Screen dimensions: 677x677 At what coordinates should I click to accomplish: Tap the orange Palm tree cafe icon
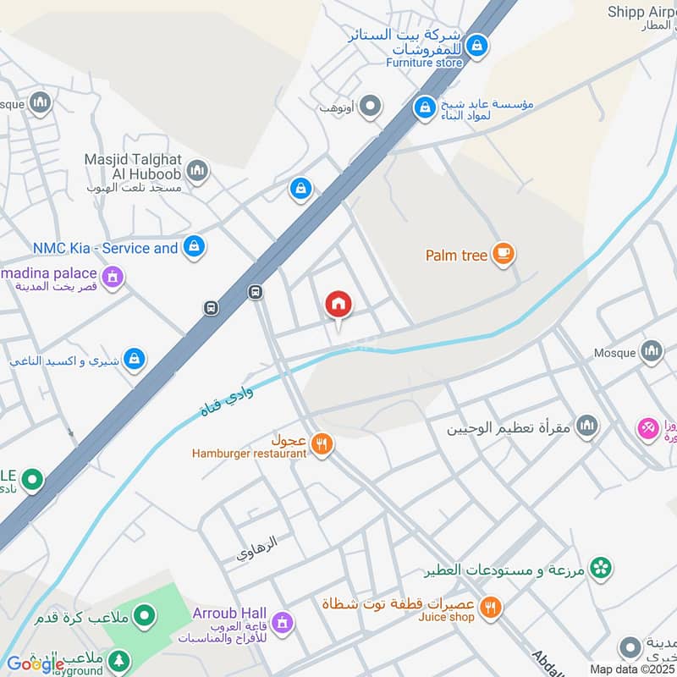(504, 254)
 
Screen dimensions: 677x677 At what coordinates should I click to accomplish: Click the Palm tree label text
(457, 255)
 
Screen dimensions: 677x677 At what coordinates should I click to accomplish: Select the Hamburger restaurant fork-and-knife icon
(321, 443)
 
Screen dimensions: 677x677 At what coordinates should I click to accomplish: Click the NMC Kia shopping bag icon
(195, 247)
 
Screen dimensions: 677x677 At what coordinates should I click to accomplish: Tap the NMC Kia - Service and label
(105, 248)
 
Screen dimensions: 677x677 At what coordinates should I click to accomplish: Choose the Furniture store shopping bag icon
(477, 46)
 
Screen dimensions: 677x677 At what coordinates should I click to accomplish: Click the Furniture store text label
(425, 63)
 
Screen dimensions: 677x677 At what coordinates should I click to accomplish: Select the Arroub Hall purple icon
(283, 622)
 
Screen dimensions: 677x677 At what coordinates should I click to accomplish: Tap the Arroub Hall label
(229, 613)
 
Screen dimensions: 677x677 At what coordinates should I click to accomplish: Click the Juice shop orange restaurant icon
(490, 607)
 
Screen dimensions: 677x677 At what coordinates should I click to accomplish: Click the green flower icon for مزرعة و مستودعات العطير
(601, 567)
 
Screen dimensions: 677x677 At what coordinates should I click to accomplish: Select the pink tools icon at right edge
(648, 429)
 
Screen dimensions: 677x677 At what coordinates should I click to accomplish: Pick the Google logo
(36, 664)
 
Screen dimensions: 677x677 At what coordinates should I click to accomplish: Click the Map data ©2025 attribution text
(630, 669)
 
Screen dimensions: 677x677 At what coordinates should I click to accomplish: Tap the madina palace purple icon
(112, 277)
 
